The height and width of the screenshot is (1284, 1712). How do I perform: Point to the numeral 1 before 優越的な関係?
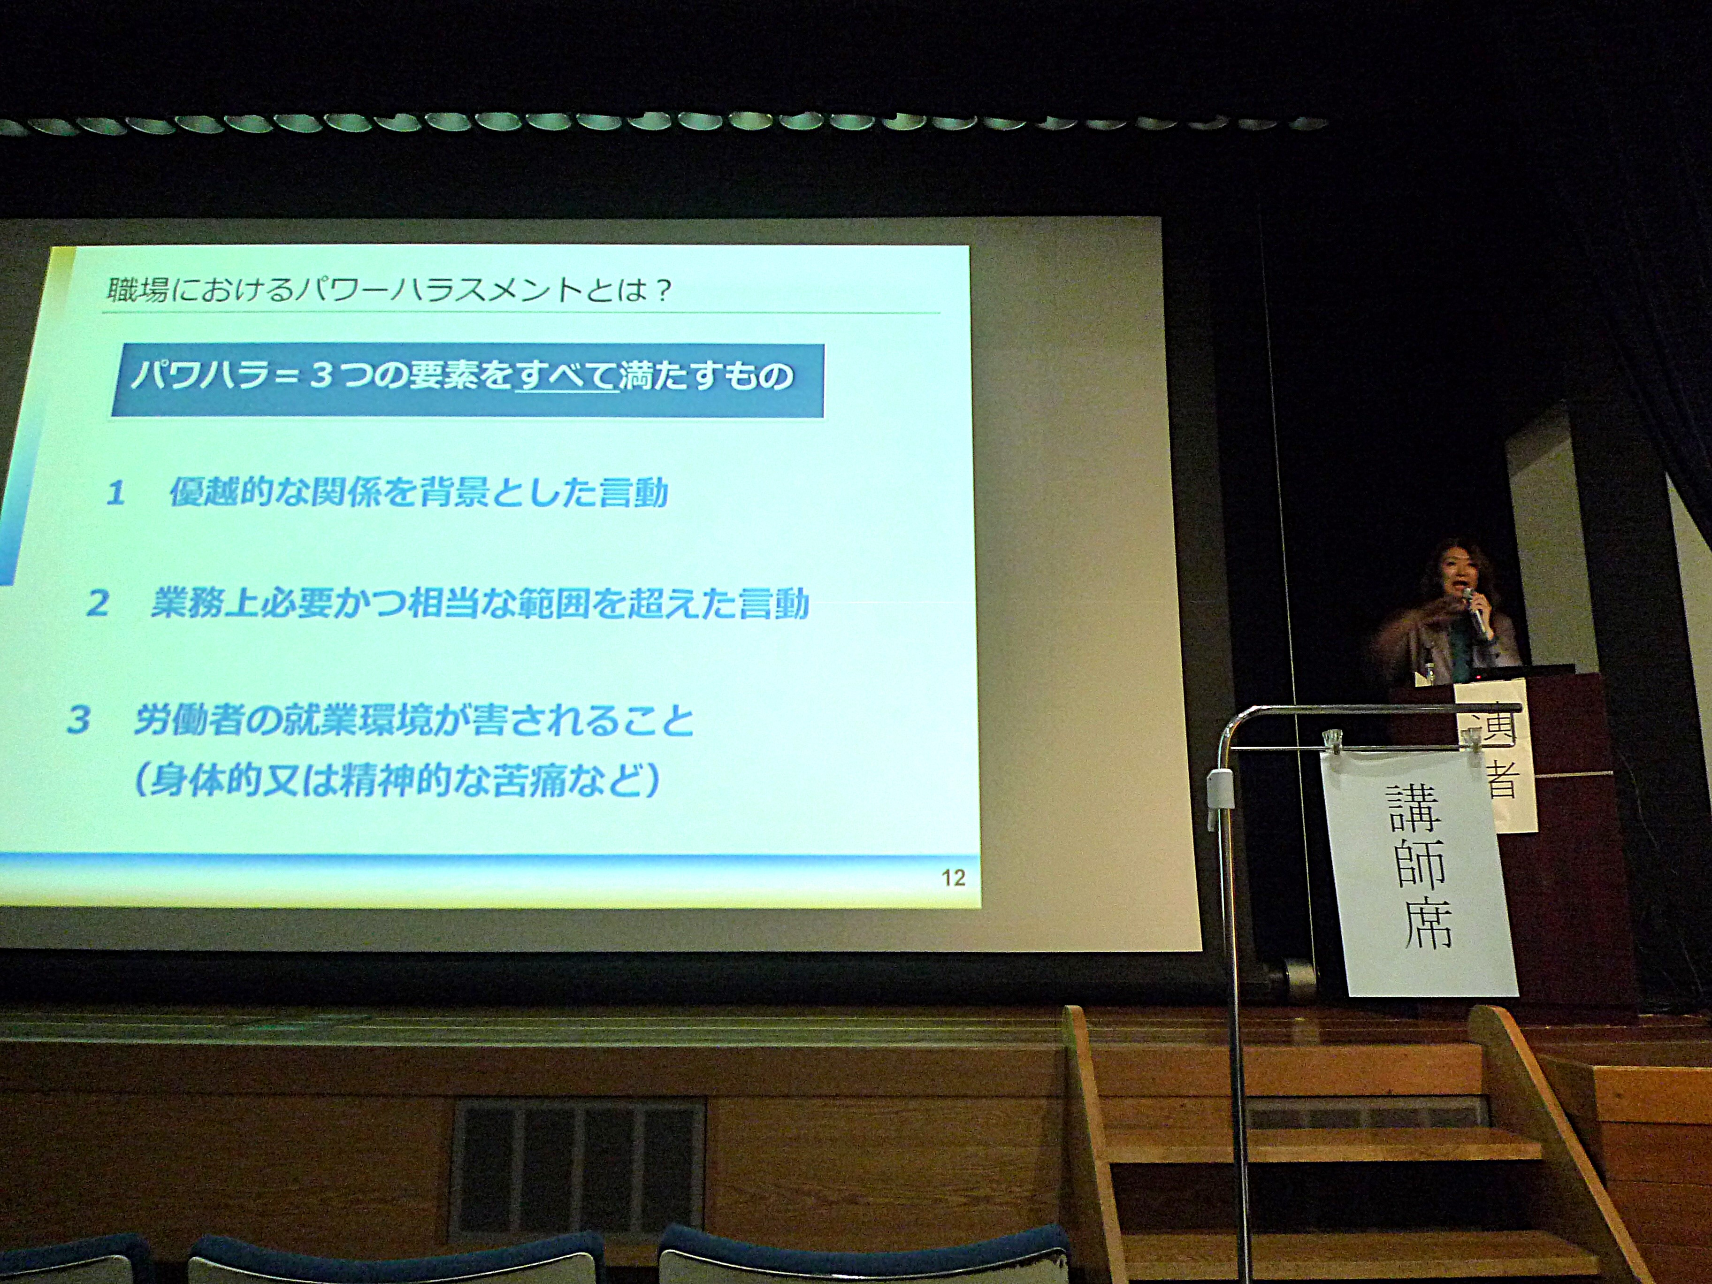pos(116,494)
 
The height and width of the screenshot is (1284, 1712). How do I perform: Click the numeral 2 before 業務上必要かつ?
pos(98,604)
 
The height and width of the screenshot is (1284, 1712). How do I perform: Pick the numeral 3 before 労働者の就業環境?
pos(78,720)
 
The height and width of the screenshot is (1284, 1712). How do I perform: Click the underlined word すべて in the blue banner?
pos(566,376)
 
